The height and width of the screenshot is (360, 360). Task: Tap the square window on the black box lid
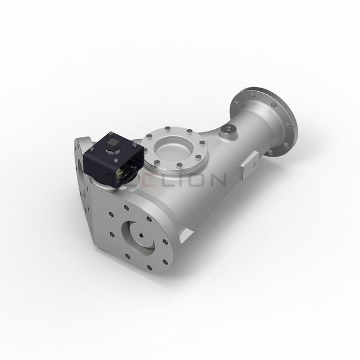tap(113, 142)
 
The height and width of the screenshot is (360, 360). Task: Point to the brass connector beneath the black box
tap(123, 172)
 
